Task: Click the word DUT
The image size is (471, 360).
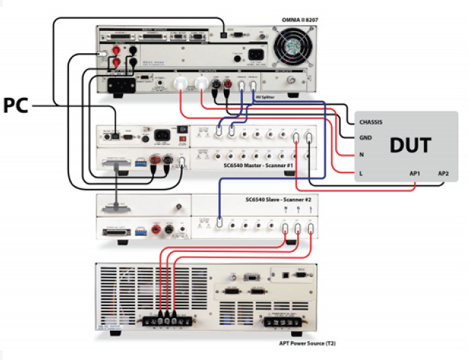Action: click(410, 145)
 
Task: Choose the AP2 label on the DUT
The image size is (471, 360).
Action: click(444, 174)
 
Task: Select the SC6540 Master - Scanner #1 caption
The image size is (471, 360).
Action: click(258, 165)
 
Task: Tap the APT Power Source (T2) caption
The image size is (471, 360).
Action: click(300, 343)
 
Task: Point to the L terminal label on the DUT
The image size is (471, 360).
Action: click(360, 174)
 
